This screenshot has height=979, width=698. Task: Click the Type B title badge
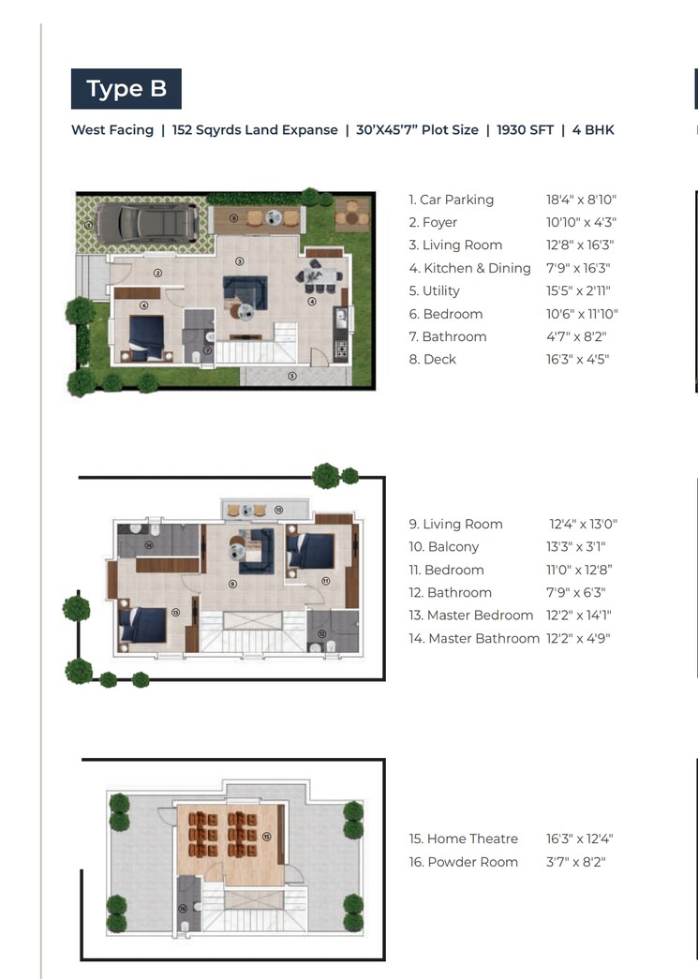point(126,89)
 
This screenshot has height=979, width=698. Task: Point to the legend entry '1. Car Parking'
point(451,200)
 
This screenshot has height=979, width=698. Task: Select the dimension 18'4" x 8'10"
point(582,200)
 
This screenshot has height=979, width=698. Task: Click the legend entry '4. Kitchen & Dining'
point(469,268)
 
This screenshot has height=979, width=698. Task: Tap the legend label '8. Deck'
point(432,359)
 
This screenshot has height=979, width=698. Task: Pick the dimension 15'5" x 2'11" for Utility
point(579,290)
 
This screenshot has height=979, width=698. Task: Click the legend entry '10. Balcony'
point(443,547)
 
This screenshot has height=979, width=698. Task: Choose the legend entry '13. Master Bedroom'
point(470,616)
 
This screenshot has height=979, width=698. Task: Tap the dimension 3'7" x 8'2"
point(576,862)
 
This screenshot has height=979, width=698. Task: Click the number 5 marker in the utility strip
point(292,376)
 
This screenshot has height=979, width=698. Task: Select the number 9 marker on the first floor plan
point(231,584)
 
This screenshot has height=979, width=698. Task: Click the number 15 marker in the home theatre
point(266,837)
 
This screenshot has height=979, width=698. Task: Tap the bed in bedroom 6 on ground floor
point(146,336)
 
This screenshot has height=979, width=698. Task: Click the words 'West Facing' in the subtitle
point(112,130)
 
